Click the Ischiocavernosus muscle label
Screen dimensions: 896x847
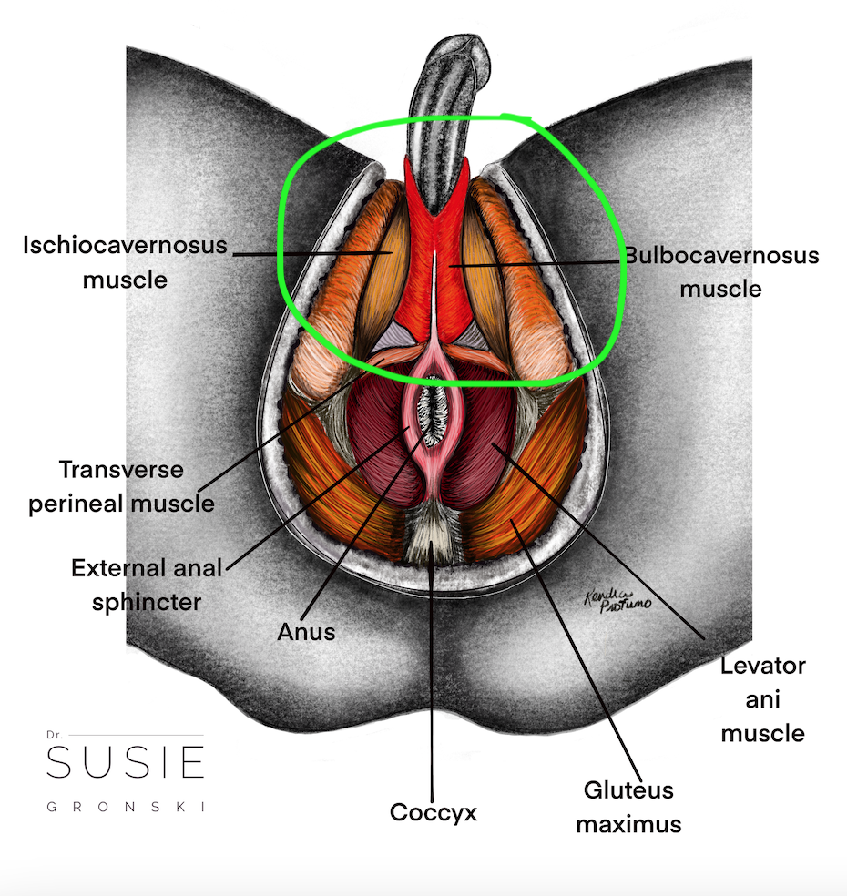[x=125, y=260]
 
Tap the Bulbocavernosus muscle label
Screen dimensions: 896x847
[x=720, y=271]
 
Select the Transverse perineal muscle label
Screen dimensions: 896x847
[x=121, y=486]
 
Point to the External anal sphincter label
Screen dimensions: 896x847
[x=147, y=585]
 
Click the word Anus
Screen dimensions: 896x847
[x=306, y=631]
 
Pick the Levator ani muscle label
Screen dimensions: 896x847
[x=762, y=698]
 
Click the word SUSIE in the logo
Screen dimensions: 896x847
[x=125, y=762]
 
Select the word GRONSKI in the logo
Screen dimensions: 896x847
[x=125, y=807]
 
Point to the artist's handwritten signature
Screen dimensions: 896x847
[x=617, y=600]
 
